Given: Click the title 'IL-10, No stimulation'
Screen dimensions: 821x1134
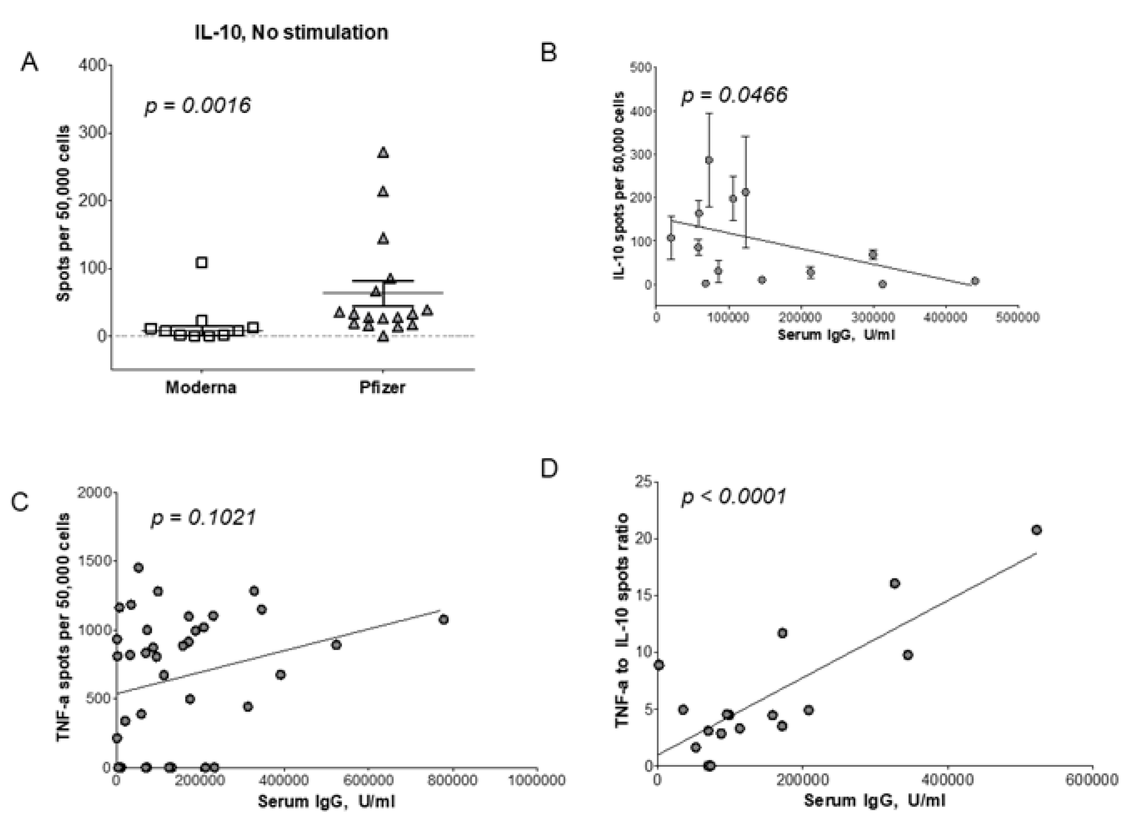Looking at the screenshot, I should pyautogui.click(x=291, y=33).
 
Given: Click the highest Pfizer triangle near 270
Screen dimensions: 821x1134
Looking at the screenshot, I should pyautogui.click(x=383, y=153).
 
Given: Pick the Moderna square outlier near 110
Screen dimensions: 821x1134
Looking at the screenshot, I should pyautogui.click(x=202, y=263).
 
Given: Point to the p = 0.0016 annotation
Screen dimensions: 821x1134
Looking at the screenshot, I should pyautogui.click(x=197, y=105).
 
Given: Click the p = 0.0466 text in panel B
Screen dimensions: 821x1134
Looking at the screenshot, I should pyautogui.click(x=734, y=95).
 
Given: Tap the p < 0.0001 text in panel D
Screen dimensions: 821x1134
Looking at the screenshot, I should pyautogui.click(x=734, y=497).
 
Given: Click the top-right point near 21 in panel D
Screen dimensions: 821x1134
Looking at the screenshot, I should pyautogui.click(x=1036, y=530).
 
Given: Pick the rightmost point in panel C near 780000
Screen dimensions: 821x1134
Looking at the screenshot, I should pyautogui.click(x=444, y=620).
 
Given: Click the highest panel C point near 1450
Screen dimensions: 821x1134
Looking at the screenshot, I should pyautogui.click(x=138, y=567).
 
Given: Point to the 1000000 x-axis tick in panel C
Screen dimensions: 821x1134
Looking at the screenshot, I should pyautogui.click(x=537, y=781).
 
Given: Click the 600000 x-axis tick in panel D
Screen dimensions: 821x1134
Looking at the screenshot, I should pyautogui.click(x=1092, y=779).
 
